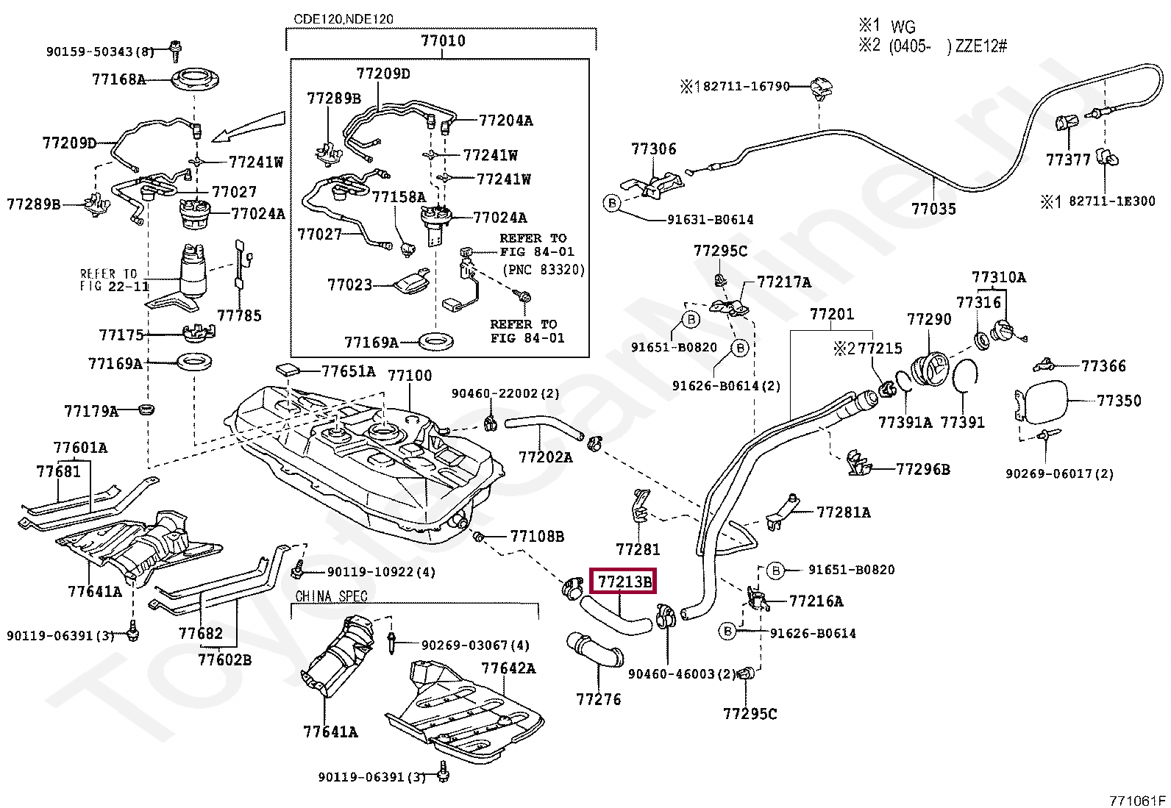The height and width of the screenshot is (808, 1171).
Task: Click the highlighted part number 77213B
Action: tap(624, 582)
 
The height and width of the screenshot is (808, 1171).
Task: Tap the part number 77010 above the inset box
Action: tap(443, 41)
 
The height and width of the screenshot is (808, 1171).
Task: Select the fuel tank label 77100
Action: tap(410, 376)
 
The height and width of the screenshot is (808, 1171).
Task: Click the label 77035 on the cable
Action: tap(933, 210)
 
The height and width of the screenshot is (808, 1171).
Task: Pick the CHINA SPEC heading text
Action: tap(331, 596)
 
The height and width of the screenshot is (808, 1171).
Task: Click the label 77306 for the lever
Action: tap(653, 149)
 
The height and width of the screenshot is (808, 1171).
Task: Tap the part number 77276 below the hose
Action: tap(598, 700)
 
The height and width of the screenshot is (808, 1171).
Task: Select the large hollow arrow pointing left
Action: tap(248, 126)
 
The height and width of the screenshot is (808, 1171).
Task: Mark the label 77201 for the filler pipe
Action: tap(832, 315)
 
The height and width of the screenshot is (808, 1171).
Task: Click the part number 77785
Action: tap(239, 316)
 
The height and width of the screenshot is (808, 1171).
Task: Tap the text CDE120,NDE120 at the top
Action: tap(344, 19)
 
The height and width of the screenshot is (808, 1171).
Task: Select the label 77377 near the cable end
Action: tap(1068, 160)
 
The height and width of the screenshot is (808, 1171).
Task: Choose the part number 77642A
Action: tap(508, 668)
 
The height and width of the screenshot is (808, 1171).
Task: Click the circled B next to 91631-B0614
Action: tap(612, 203)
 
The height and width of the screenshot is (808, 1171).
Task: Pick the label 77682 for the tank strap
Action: tap(200, 634)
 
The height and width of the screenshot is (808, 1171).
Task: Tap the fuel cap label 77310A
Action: tap(998, 278)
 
